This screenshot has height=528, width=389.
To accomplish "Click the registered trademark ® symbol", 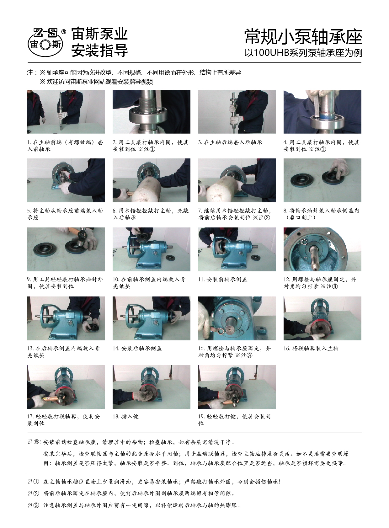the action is coord(64,31).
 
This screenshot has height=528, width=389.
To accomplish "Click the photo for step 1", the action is coord(66,111).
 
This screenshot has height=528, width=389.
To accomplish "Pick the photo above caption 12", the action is coord(322,249).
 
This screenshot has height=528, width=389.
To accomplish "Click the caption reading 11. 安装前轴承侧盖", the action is coord(222,279).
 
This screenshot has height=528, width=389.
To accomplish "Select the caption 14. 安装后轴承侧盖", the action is coord(137,348).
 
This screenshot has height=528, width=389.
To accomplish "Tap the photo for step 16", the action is coord(322,318).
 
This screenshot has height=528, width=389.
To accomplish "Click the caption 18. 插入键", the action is coord(125,417).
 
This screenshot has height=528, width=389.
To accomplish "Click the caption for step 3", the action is coord(230,142).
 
